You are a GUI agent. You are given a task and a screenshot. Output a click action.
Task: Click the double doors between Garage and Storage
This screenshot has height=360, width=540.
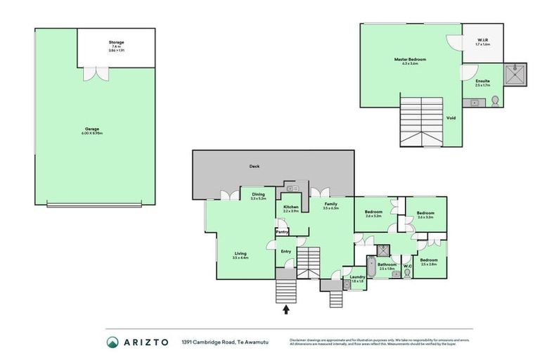pyautogui.click(x=94, y=72)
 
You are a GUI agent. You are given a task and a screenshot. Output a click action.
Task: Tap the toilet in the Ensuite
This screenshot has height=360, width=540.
pyautogui.click(x=495, y=101)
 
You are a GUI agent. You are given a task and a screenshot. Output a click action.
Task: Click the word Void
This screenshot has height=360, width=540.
pyautogui.click(x=451, y=117)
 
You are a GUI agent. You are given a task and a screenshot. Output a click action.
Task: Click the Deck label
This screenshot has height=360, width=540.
pyautogui.click(x=255, y=167)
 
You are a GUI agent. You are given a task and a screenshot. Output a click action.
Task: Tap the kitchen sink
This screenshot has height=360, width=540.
pyautogui.click(x=292, y=188)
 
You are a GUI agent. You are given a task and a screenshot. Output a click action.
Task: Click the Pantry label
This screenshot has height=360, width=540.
pyautogui.click(x=282, y=231)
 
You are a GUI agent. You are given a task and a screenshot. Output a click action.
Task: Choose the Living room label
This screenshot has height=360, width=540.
pyautogui.click(x=240, y=255)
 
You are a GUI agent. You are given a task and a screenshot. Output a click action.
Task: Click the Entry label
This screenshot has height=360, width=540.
pyautogui.click(x=286, y=251)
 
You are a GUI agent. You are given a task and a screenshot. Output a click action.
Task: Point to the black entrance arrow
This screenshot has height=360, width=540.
pyautogui.click(x=285, y=309)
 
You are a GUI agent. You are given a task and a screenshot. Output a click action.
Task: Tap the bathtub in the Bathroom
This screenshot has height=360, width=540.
pyautogui.click(x=370, y=270)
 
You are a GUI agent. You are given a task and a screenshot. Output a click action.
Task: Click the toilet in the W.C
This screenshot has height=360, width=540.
pyautogui.click(x=406, y=274)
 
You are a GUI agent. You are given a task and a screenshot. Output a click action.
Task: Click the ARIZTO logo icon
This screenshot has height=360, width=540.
pyautogui.click(x=112, y=342)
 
